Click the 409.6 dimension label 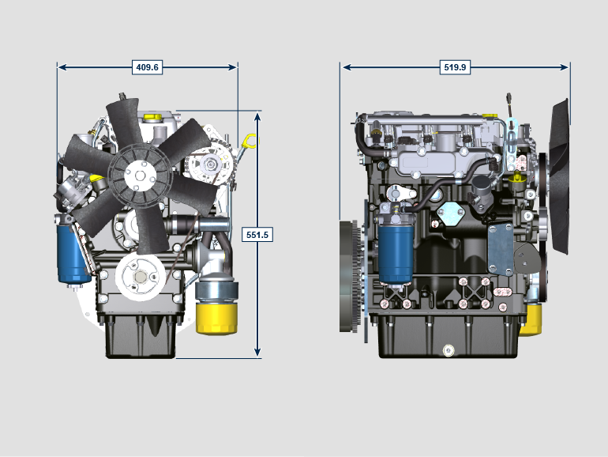pos(147,67)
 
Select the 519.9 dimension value pos(455,67)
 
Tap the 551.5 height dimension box pos(257,235)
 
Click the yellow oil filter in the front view pos(216,318)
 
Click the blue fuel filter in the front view pos(72,254)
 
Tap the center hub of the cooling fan pos(140,176)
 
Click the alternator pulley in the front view pos(210,164)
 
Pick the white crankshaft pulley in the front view pos(140,277)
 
